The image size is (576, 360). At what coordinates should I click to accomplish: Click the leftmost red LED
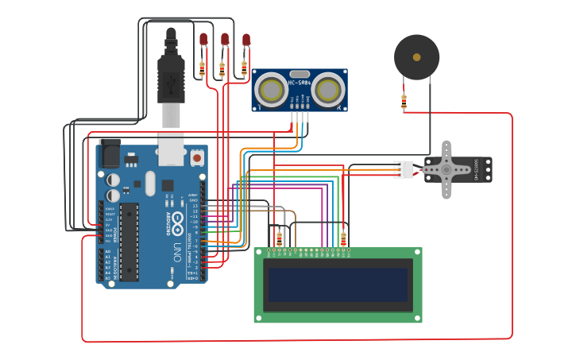coord(203,39)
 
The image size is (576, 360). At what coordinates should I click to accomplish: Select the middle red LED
coord(225,39)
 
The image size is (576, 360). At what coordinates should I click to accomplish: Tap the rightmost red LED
coord(246,39)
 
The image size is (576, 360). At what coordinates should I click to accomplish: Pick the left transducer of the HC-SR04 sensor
coord(272,90)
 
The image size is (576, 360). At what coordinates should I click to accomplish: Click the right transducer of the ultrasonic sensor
coord(327,90)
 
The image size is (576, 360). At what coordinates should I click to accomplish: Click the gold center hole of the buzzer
coord(416,56)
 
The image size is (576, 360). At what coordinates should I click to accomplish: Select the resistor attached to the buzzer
coord(404,102)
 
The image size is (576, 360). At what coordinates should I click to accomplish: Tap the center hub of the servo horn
coord(446,169)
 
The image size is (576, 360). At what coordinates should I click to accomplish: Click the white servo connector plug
coord(404,170)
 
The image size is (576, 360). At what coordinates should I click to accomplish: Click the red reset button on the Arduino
coord(197,159)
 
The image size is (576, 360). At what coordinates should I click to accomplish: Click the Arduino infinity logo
coord(178,219)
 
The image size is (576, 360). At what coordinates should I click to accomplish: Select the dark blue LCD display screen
coord(338,285)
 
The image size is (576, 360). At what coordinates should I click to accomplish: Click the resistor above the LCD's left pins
coord(279,238)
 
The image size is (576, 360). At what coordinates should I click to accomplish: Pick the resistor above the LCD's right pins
coord(343,238)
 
